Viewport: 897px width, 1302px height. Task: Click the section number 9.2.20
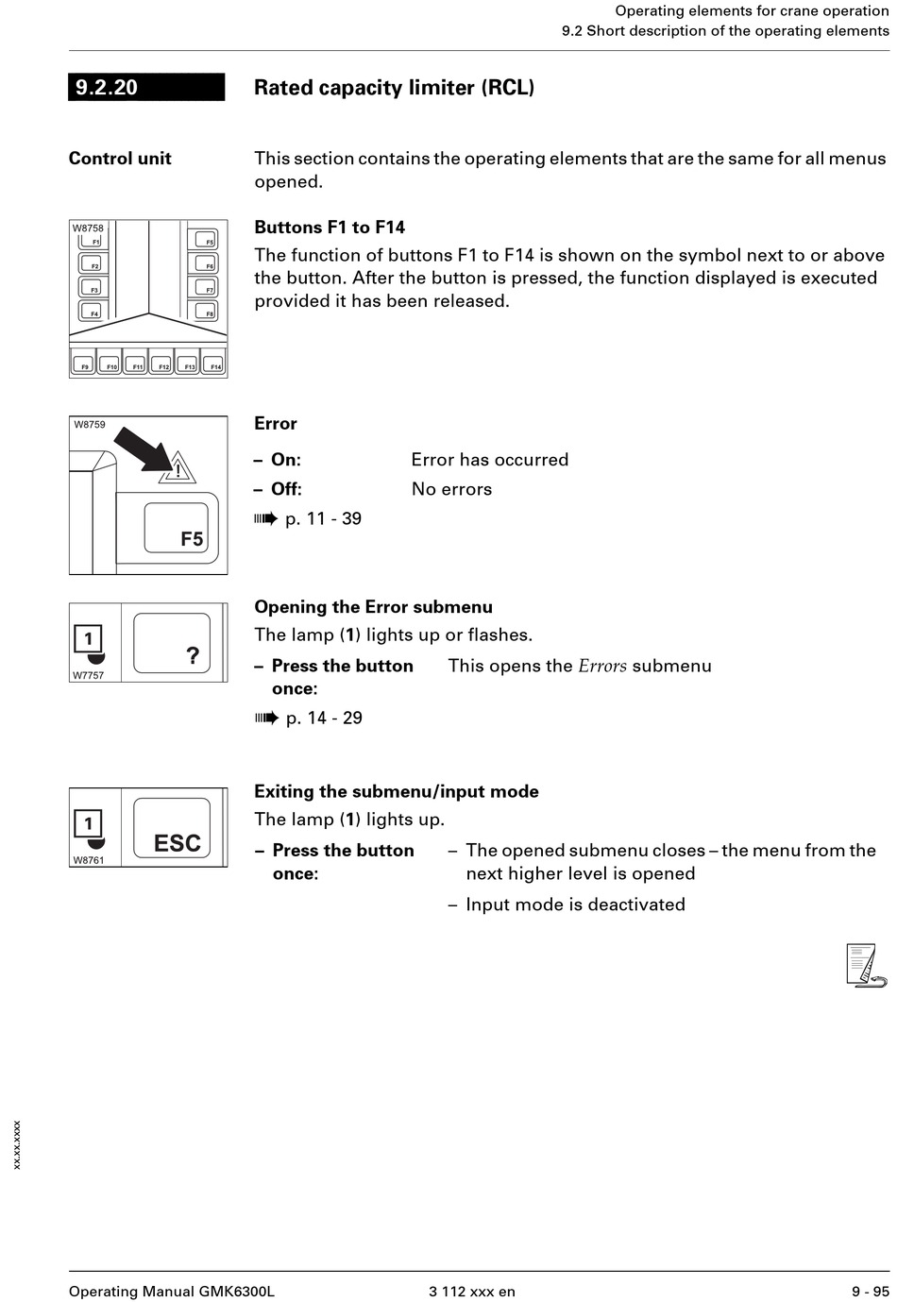point(107,88)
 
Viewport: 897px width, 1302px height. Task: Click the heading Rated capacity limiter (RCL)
point(394,88)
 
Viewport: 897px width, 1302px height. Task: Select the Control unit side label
point(120,159)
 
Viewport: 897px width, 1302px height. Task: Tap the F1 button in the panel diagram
point(93,239)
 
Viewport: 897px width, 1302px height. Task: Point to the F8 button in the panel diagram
point(204,310)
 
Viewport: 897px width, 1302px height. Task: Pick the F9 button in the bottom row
point(83,363)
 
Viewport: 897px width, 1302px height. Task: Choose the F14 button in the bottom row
point(214,363)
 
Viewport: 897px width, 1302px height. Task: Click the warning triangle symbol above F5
point(178,468)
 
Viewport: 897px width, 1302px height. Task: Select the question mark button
point(172,643)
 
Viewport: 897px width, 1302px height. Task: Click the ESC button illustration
point(172,828)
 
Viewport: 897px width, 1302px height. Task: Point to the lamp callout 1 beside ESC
point(89,824)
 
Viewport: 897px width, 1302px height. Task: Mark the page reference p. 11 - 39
point(323,519)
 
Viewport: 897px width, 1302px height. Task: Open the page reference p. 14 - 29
point(324,719)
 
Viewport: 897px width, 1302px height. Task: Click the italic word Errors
point(602,667)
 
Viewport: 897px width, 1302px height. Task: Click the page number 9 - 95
point(870,1292)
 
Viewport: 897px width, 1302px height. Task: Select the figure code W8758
point(88,228)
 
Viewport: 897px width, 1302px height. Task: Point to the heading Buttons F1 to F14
point(330,228)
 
